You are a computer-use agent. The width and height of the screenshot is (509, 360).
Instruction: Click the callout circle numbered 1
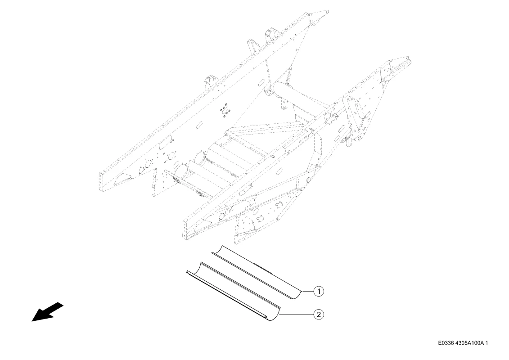point(319,292)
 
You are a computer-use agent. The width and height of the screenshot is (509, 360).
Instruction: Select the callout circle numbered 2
point(319,314)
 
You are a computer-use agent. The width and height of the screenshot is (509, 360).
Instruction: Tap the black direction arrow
point(47,312)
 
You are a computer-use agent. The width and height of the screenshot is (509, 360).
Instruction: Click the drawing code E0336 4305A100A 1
point(463,343)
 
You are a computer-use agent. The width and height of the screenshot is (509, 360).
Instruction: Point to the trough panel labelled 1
point(257,272)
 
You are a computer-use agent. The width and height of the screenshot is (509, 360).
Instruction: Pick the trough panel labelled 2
point(232,292)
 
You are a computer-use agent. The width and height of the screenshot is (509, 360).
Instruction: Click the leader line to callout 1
point(307,292)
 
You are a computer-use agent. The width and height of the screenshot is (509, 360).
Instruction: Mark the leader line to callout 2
point(297,314)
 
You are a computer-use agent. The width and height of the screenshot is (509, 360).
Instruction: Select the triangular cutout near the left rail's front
point(123,178)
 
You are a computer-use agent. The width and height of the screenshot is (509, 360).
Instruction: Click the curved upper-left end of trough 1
point(217,249)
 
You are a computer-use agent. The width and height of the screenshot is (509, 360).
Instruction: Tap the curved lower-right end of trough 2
point(274,315)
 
